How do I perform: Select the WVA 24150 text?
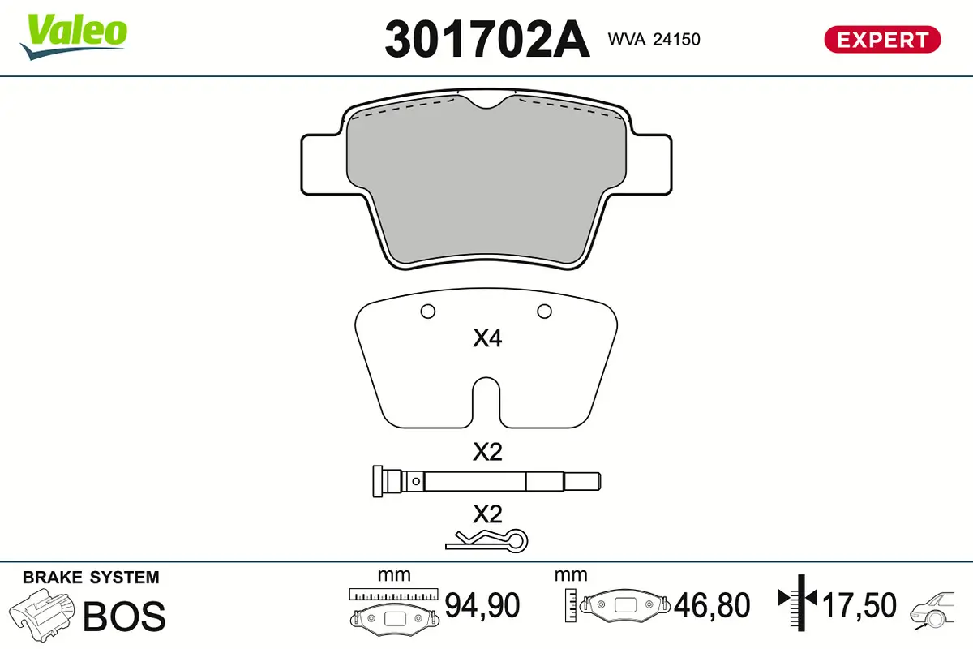coord(653,39)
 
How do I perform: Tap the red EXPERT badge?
coord(882,39)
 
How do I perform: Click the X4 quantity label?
coord(487,338)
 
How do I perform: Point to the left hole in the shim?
coord(428,311)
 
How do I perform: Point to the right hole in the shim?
coord(544,310)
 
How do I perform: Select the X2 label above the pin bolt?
coord(487,452)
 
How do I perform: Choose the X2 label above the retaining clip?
coord(487,513)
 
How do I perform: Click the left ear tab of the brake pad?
coord(320,164)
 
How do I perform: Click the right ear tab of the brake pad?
coord(653,164)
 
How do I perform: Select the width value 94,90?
coord(482,605)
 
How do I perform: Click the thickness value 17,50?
coord(859,605)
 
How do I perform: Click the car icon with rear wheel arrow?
coord(937,608)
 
